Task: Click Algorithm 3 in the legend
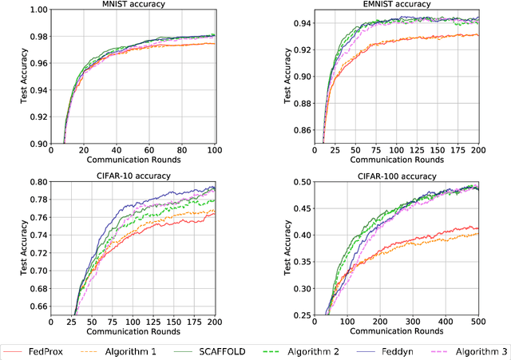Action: point(477,350)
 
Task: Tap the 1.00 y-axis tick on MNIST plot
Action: point(37,10)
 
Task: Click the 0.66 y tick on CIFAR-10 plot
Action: point(37,307)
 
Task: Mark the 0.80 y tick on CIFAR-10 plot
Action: point(37,182)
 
